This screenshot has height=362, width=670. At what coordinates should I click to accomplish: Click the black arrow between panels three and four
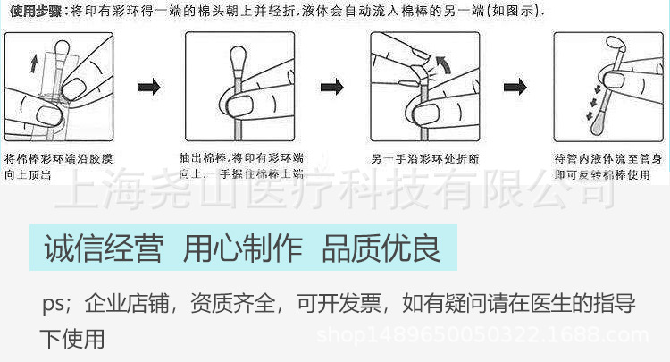pos(515,87)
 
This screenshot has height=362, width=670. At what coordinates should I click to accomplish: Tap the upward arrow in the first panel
pos(34,63)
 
